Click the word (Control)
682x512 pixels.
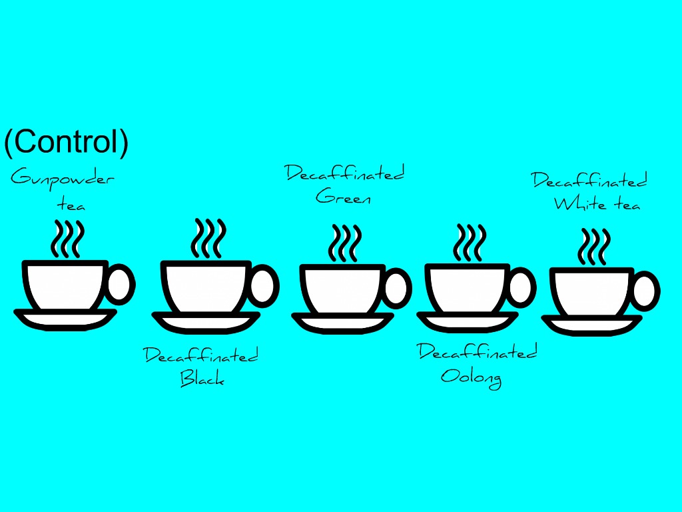click(66, 142)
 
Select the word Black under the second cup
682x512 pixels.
click(202, 379)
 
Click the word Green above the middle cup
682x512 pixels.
click(343, 197)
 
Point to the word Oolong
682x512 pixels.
click(471, 377)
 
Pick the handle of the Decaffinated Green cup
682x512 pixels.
click(397, 289)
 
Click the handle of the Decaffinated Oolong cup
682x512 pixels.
click(521, 287)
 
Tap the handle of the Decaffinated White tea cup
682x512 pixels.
click(645, 292)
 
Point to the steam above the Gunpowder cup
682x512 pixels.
click(69, 237)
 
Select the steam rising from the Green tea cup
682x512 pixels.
click(344, 243)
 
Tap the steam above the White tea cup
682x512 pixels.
click(594, 247)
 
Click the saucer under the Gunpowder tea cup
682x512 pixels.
click(65, 319)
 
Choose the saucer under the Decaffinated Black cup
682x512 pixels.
click(206, 322)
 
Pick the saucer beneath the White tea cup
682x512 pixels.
click(591, 325)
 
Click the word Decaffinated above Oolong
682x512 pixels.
click(477, 352)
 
